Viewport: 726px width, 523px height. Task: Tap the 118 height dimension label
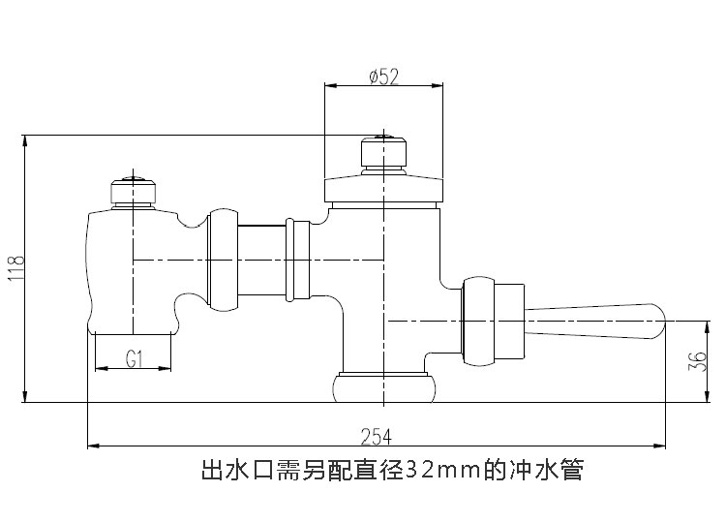[15, 268]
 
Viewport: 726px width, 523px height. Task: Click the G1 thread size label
[135, 359]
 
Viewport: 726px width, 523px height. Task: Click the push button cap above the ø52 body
[385, 153]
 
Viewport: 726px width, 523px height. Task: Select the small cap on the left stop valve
[133, 190]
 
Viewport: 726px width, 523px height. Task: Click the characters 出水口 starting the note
[232, 472]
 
